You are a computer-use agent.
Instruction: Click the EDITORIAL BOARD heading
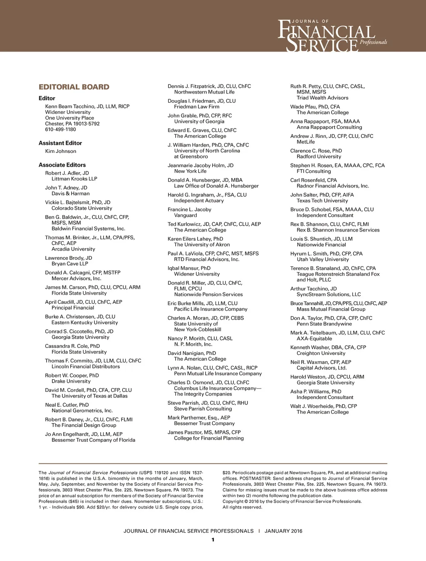point(74,87)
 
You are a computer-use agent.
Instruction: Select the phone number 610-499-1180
point(60,129)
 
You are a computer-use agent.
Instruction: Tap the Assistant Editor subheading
point(60,143)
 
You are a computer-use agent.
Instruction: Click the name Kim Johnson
point(61,151)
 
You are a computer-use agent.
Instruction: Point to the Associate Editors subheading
point(62,165)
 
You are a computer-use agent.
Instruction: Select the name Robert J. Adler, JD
point(67,173)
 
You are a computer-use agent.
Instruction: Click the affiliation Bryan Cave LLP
point(70,263)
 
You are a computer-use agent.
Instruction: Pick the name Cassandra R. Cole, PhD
point(72,346)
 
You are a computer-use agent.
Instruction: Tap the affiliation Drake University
point(71,381)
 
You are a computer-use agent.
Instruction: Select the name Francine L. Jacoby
point(189,209)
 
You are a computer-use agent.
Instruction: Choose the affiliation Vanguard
point(186,215)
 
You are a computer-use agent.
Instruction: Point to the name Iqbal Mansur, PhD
point(189,268)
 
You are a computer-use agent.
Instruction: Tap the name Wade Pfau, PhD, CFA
point(315,107)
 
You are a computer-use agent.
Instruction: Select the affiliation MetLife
point(306,142)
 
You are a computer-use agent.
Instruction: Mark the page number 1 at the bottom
point(213,540)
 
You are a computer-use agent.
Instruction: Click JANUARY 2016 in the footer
point(283,531)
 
